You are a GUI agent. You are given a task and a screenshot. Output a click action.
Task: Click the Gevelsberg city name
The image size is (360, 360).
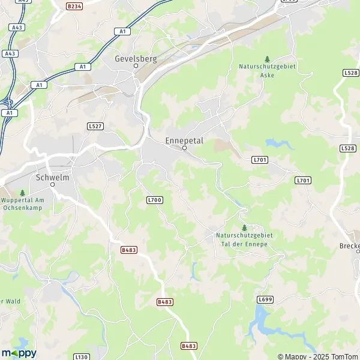(136, 59)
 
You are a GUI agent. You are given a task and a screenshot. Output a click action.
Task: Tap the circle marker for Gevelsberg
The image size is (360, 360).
(136, 66)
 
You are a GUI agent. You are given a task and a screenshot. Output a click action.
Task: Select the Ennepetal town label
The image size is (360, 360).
(184, 140)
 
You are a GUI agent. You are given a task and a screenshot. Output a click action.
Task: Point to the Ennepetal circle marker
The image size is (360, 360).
(184, 148)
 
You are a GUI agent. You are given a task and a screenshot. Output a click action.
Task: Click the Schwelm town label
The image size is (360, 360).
(52, 177)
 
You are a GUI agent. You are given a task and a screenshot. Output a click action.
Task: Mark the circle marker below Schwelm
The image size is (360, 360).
(52, 185)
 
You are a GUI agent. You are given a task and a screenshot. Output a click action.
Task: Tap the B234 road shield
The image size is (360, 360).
(74, 6)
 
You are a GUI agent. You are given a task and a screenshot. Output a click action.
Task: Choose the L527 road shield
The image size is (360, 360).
(95, 126)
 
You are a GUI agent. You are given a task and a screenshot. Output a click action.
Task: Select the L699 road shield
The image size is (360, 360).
(265, 299)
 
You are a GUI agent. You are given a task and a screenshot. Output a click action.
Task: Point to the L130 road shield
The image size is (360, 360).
(82, 356)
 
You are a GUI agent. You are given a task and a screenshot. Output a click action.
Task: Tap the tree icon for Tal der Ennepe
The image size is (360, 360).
(244, 227)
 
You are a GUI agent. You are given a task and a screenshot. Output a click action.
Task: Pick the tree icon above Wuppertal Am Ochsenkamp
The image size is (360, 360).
(22, 193)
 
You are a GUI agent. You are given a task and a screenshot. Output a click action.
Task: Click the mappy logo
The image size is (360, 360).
(19, 352)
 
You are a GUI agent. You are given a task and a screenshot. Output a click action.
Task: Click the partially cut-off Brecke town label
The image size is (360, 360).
(350, 246)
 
